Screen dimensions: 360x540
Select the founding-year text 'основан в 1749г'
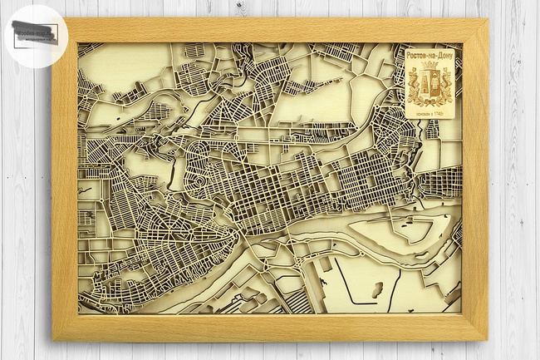click(430, 112)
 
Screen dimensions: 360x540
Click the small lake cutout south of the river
click(376, 289)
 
